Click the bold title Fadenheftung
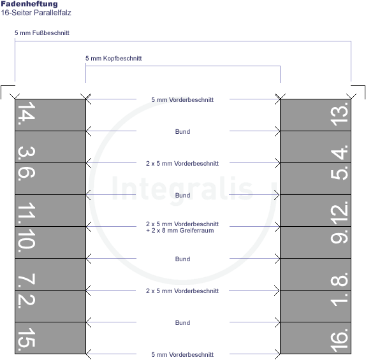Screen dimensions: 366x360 pos(29,4)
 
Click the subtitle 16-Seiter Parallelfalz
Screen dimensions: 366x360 pos(36,13)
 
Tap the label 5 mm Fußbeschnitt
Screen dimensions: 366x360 pos(42,33)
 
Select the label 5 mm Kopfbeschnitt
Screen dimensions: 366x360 pos(113,59)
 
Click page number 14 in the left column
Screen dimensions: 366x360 pos(27,113)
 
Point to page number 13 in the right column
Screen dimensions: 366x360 pos(339,114)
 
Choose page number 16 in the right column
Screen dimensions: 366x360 pos(339,340)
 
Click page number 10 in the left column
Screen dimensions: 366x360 pos(27,240)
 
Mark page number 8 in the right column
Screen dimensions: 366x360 pos(339,280)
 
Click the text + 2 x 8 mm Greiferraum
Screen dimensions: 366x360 pos(180,231)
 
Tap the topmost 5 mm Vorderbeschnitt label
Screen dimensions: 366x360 pos(182,100)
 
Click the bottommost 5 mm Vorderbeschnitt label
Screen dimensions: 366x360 pos(182,355)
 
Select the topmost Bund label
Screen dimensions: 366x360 pos(182,132)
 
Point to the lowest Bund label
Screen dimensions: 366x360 pos(182,322)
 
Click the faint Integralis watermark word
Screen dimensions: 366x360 pos(182,189)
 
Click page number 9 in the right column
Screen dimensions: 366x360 pos(339,236)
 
